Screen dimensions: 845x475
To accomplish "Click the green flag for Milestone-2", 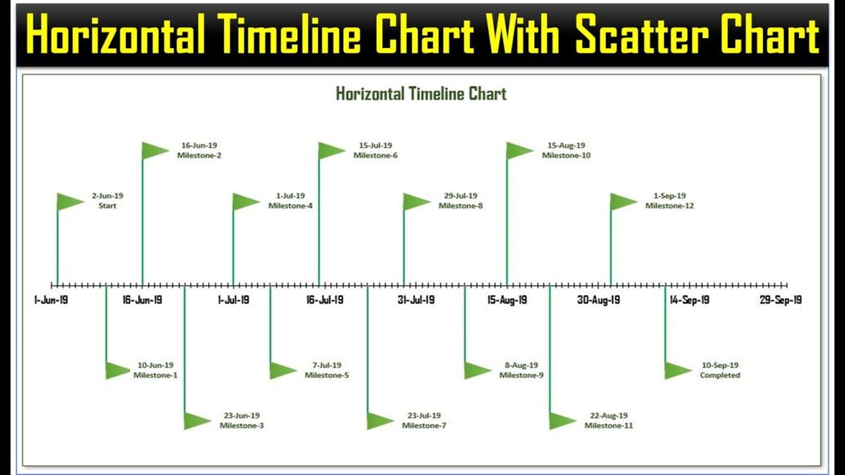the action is [x=155, y=150].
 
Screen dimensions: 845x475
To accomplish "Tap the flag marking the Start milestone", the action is [x=71, y=202].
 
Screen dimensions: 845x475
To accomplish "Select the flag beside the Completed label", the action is [x=678, y=371].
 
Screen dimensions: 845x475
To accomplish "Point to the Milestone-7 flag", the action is [x=381, y=421].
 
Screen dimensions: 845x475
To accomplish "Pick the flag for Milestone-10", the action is [x=520, y=150].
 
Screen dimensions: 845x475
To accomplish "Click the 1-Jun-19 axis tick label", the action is [x=51, y=300].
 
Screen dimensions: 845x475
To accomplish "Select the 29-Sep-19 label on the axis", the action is [x=780, y=300].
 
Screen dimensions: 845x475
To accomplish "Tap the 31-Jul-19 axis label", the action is [x=416, y=300].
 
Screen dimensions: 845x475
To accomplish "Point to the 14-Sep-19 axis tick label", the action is [x=689, y=300].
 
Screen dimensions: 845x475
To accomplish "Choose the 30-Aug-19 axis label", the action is [x=598, y=300].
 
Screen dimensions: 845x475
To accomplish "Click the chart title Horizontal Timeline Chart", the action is [x=421, y=94].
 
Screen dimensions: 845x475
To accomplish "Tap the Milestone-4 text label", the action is [x=290, y=206].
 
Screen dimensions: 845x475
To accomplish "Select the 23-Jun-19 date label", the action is [x=242, y=416].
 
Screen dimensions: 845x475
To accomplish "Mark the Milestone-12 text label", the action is [x=669, y=206].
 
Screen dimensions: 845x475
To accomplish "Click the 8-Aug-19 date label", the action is [x=522, y=365].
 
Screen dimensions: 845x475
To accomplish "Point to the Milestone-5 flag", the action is [x=284, y=371].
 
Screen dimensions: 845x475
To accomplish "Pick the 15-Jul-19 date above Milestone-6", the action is [x=376, y=145].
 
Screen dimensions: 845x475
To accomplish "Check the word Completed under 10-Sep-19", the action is [x=720, y=375].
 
